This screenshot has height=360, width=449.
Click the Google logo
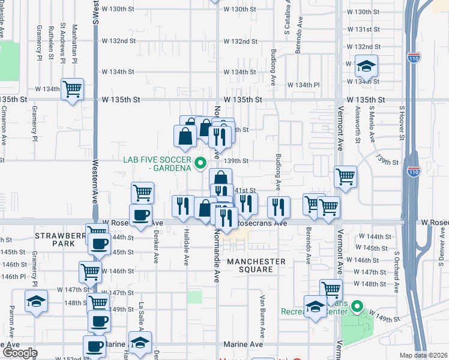click(19, 353)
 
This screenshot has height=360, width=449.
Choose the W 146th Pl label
click(15, 277)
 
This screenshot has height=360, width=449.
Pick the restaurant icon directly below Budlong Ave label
click(279, 206)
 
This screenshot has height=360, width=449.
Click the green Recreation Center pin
click(357, 308)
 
